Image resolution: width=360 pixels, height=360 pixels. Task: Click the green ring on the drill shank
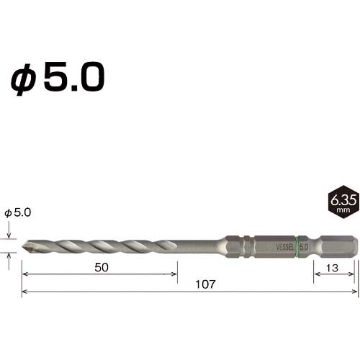(x=297, y=245)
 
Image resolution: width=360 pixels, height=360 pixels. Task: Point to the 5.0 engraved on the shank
(x=304, y=245)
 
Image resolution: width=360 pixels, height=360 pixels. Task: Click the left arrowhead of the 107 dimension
(x=24, y=292)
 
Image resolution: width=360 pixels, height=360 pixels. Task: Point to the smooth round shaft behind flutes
(x=198, y=245)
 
